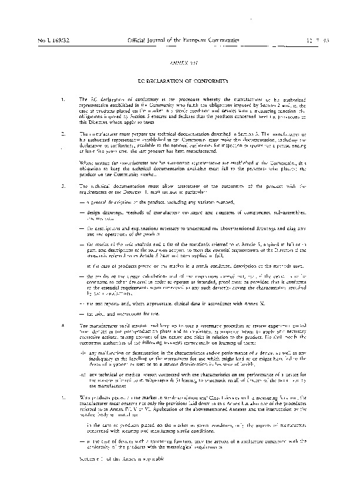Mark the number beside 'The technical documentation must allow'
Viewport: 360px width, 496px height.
click(63, 186)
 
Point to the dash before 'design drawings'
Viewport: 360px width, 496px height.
click(81, 211)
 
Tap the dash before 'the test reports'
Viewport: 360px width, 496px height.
click(81, 304)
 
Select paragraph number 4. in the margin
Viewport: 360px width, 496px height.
click(63, 325)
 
